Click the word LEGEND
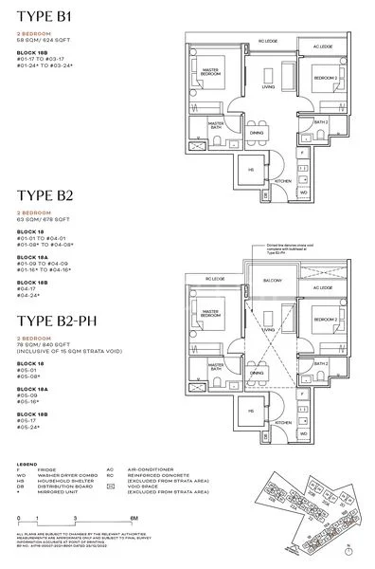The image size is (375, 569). coord(27,466)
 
